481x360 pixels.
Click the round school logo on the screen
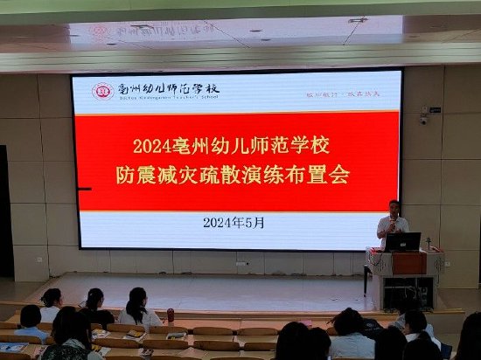pos(103,90)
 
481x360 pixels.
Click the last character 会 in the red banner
pos(338,176)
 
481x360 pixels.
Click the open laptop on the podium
pos(404,242)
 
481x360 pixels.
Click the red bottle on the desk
pos(171,315)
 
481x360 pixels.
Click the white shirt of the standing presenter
pos(393,229)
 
